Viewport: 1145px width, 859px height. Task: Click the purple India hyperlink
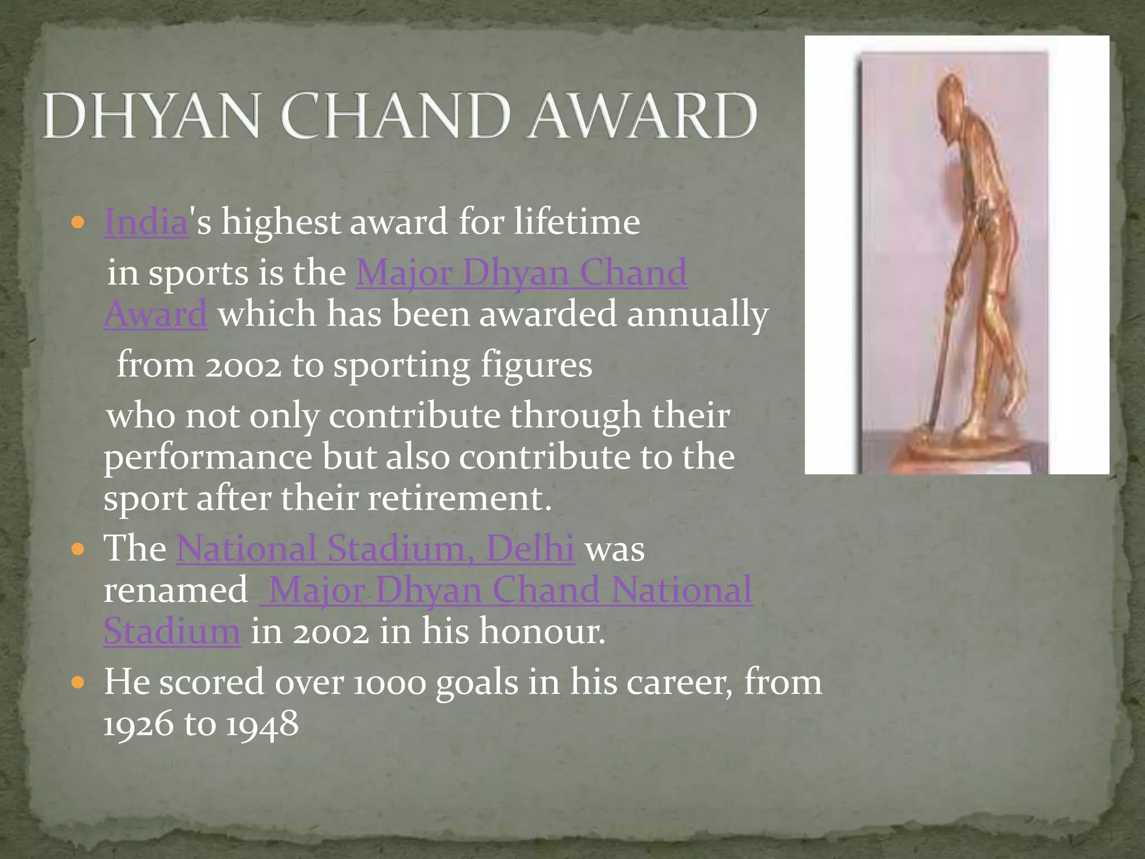pyautogui.click(x=146, y=222)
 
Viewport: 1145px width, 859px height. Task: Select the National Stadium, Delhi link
pyautogui.click(x=375, y=548)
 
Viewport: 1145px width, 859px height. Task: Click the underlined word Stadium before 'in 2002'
pyautogui.click(x=172, y=631)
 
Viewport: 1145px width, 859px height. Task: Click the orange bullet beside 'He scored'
pyautogui.click(x=78, y=683)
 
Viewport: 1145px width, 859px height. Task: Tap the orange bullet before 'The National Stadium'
pyautogui.click(x=78, y=549)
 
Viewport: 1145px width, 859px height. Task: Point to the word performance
pyautogui.click(x=207, y=457)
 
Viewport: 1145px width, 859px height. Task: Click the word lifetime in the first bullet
pyautogui.click(x=576, y=222)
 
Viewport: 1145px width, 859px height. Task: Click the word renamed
pyautogui.click(x=176, y=590)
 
